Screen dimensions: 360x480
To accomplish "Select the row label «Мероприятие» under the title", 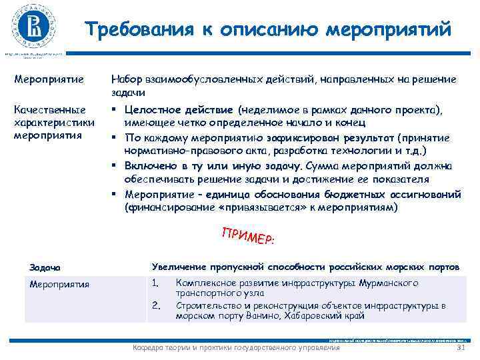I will click(49, 80).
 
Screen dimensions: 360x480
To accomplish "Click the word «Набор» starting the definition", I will click(125, 80).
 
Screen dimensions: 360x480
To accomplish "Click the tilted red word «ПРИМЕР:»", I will click(249, 235).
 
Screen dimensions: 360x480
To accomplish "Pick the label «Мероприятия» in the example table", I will click(59, 284).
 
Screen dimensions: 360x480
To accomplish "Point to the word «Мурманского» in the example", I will click(389, 283).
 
